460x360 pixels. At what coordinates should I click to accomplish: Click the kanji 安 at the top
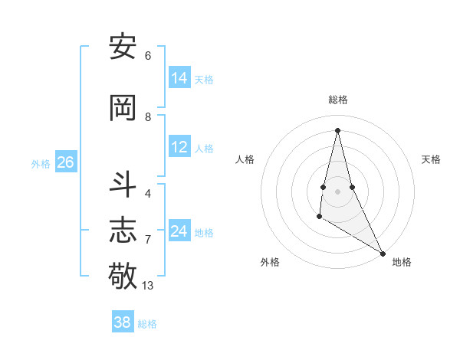[x=123, y=47]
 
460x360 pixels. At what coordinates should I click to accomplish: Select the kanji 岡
[x=123, y=108]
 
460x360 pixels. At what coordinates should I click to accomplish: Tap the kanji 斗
[x=123, y=185]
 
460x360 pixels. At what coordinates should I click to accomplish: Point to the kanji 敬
[x=123, y=274]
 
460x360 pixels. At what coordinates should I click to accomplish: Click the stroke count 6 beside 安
[x=147, y=56]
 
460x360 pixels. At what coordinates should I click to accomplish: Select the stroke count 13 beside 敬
[x=148, y=286]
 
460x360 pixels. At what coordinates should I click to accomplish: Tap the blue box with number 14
[x=179, y=78]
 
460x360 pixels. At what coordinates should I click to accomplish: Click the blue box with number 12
[x=179, y=147]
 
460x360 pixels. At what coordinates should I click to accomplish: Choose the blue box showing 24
[x=179, y=231]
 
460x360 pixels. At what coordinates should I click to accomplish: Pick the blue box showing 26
[x=65, y=162]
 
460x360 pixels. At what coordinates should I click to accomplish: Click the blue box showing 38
[x=122, y=322]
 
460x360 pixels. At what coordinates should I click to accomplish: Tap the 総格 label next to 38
[x=147, y=324]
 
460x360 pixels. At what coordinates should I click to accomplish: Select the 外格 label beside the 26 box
[x=41, y=164]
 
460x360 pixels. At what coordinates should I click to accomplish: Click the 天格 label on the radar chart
[x=431, y=159]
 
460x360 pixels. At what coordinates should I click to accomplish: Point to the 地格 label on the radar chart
[x=402, y=262]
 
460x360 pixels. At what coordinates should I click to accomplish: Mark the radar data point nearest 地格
[x=383, y=253]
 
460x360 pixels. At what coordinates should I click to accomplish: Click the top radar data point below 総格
[x=337, y=130]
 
